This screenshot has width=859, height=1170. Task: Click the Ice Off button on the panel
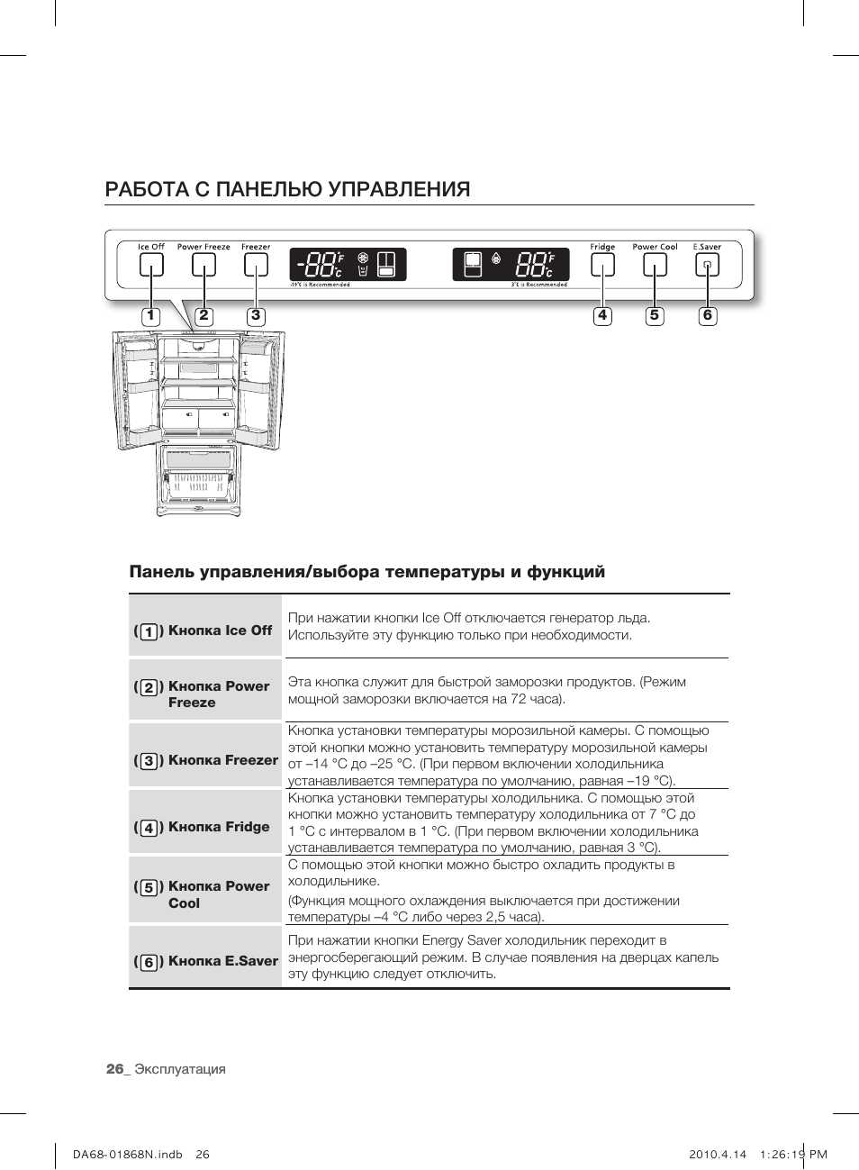coord(151,265)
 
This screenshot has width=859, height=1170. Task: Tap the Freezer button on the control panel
coord(256,265)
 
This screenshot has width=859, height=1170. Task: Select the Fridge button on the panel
coord(602,265)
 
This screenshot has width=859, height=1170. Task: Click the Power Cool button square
coord(655,265)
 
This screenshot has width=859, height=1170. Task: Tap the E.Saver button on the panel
coord(707,265)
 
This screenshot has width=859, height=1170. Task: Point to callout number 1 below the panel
coord(150,316)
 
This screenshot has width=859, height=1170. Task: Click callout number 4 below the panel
coord(602,316)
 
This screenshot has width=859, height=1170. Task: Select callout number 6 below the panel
coord(708,316)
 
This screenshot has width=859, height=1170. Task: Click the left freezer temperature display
coord(348,265)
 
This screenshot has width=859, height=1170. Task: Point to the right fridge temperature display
coord(511,265)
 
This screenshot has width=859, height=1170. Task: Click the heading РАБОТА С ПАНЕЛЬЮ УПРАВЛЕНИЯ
coord(287,189)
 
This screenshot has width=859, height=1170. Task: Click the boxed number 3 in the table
coord(149,761)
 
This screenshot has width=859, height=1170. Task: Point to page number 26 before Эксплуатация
coord(114,1069)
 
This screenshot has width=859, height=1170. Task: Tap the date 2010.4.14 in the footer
coord(718,1154)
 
